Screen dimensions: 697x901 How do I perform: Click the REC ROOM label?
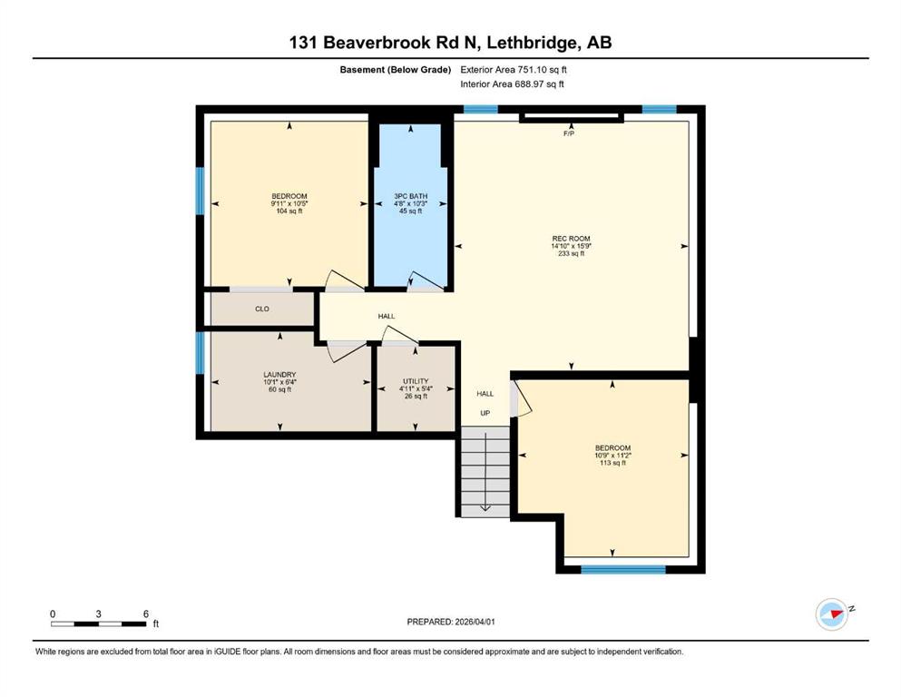[x=571, y=236]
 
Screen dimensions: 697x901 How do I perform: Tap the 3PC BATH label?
[x=410, y=196]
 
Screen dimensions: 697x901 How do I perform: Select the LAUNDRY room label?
[x=279, y=375]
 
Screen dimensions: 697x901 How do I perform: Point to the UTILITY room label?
[x=416, y=381]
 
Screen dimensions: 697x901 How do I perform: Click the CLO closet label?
[x=261, y=309]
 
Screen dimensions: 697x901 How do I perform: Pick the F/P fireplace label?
[x=569, y=134]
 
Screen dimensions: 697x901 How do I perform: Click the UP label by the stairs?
[x=485, y=414]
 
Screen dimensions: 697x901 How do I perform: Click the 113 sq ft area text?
[x=612, y=463]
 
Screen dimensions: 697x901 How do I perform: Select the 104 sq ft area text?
[x=289, y=212]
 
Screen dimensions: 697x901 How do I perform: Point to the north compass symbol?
[x=831, y=614]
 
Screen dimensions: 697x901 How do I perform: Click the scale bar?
[x=99, y=623]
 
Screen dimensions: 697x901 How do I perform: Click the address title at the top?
[x=450, y=43]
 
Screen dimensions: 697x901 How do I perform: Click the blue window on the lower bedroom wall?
[x=622, y=570]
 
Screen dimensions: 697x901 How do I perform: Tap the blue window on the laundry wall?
[x=201, y=353]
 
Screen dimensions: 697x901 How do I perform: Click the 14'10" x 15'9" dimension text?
[x=571, y=245]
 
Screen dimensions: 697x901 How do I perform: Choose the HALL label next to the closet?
[x=387, y=316]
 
